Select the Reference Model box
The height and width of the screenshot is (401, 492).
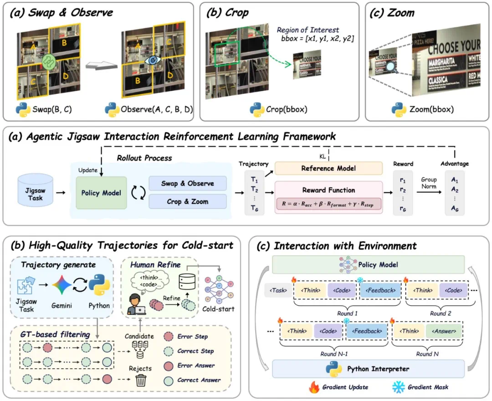pos(328,168)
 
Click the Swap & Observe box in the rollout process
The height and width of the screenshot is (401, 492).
pos(187,183)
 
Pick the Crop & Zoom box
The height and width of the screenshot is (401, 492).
pos(187,201)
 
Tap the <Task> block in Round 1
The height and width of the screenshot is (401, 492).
pos(278,289)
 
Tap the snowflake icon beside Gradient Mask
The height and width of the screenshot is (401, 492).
pos(397,387)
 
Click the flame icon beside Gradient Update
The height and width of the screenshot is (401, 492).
pos(314,387)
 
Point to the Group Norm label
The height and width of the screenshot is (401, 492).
pos(429,183)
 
